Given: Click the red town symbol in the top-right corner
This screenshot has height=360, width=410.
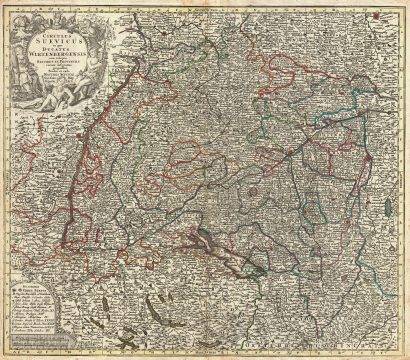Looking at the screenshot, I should (x=397, y=13).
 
